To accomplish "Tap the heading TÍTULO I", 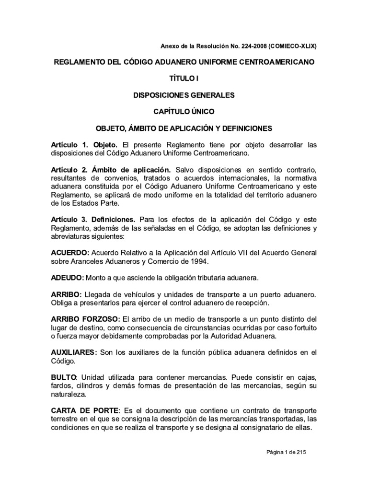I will [184, 79].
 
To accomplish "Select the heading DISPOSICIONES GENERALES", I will [184, 95].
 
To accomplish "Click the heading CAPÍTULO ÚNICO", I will [184, 112].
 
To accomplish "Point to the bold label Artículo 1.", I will [68, 145].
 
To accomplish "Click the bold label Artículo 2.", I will [68, 170].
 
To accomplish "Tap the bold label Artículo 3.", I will [68, 219].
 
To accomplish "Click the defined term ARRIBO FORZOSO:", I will [86, 319].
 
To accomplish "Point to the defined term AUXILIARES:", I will [74, 353].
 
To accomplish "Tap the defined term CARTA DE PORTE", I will [84, 411].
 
